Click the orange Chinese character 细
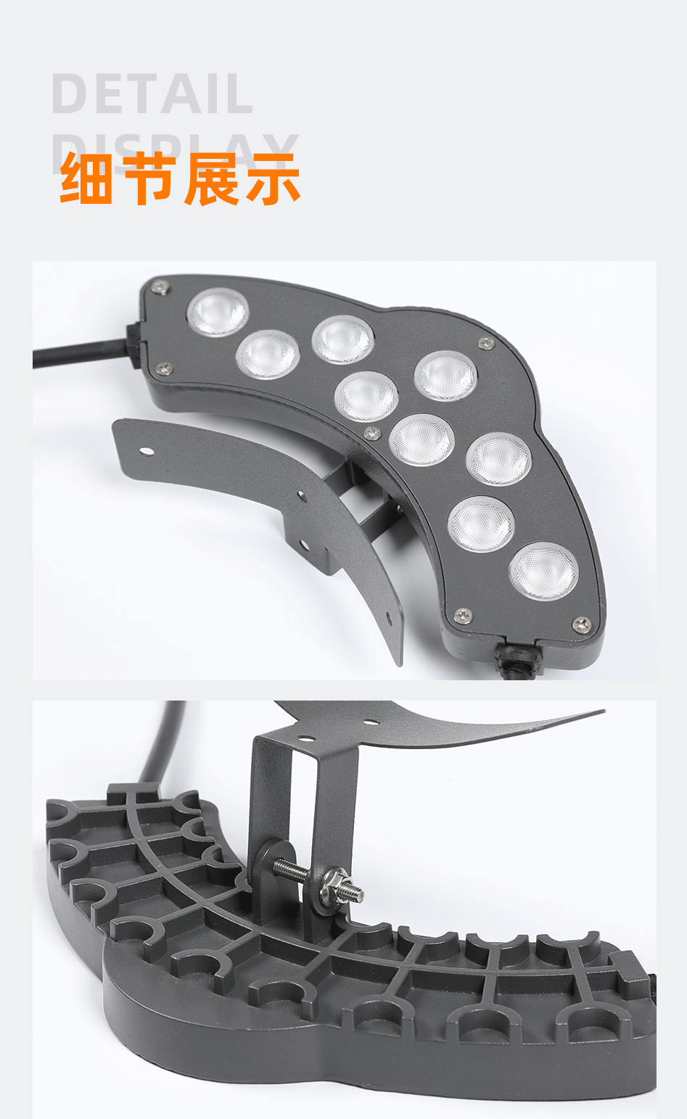86,178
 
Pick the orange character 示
273,178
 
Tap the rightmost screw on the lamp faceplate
581,623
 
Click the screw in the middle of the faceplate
371,433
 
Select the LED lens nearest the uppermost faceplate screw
218,313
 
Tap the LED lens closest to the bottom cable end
544,571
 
